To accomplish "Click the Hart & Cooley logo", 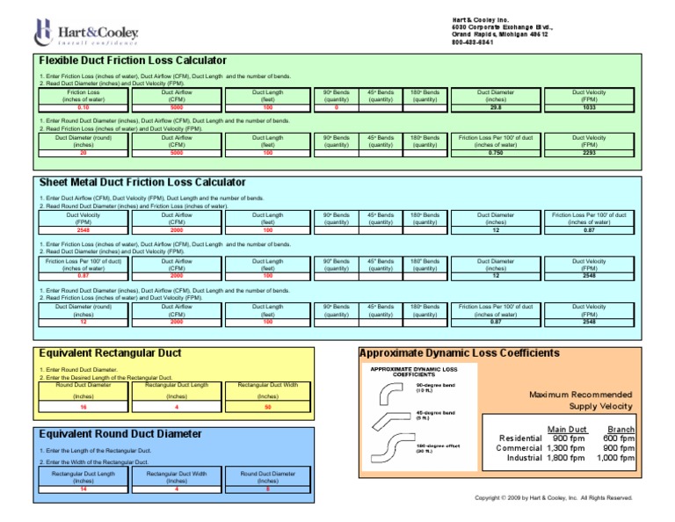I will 86,33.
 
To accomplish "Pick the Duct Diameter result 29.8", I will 496,107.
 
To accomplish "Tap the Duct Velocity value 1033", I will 589,107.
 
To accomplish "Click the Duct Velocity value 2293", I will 589,152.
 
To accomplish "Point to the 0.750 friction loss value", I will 496,152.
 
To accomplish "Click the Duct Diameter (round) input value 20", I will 83,152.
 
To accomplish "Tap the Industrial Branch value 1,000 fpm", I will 615,457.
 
